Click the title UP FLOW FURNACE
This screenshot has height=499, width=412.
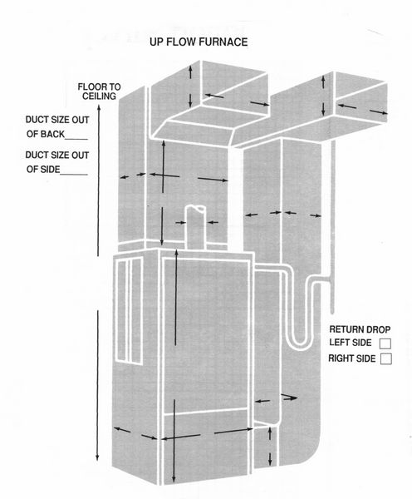click(x=199, y=42)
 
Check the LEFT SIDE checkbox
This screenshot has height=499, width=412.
click(x=385, y=343)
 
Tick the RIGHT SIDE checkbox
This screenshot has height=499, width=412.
click(x=386, y=358)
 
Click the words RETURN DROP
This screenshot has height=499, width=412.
click(x=360, y=329)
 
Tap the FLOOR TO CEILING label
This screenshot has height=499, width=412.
click(x=99, y=91)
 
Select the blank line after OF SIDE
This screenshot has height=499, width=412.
click(x=74, y=174)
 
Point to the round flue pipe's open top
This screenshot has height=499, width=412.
click(x=195, y=209)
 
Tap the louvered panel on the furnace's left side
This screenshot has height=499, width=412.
click(x=130, y=310)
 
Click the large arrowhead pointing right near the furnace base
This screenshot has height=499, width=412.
click(x=289, y=398)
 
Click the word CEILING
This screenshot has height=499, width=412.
click(x=99, y=96)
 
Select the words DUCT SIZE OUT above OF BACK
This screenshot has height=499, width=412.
click(x=57, y=120)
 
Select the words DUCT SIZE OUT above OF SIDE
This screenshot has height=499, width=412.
click(x=57, y=156)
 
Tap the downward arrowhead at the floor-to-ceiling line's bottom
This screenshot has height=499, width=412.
click(x=97, y=458)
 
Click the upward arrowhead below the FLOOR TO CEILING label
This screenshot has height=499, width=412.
click(x=99, y=108)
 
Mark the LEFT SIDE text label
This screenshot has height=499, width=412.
click(x=351, y=343)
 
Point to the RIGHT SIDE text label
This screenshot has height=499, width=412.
click(x=352, y=358)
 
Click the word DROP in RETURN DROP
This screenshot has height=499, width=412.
click(x=378, y=329)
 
